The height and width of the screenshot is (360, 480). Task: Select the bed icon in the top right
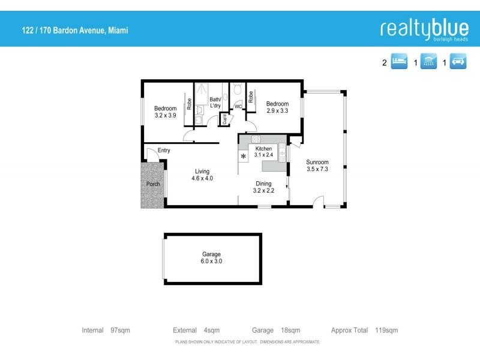click(x=400, y=62)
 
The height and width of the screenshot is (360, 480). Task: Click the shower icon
click(x=428, y=62)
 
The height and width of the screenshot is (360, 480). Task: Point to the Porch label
click(x=153, y=184)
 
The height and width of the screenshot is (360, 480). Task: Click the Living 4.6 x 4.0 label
click(x=202, y=175)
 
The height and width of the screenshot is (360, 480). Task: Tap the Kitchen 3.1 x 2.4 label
click(x=264, y=151)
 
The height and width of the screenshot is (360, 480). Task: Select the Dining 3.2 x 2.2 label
click(x=264, y=187)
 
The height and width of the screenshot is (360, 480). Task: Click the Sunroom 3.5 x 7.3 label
click(x=317, y=166)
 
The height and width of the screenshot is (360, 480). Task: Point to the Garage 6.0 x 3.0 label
click(x=211, y=258)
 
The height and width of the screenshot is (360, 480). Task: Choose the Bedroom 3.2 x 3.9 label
click(x=166, y=112)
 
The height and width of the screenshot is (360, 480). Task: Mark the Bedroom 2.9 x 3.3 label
click(x=277, y=107)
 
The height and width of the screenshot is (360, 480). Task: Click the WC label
click(x=238, y=107)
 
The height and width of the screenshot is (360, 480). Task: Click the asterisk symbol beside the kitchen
click(x=243, y=157)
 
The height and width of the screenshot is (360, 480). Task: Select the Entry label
click(x=164, y=151)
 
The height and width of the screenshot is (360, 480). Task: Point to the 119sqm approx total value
click(x=386, y=331)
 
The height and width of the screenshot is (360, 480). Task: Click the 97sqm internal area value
click(x=120, y=331)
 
